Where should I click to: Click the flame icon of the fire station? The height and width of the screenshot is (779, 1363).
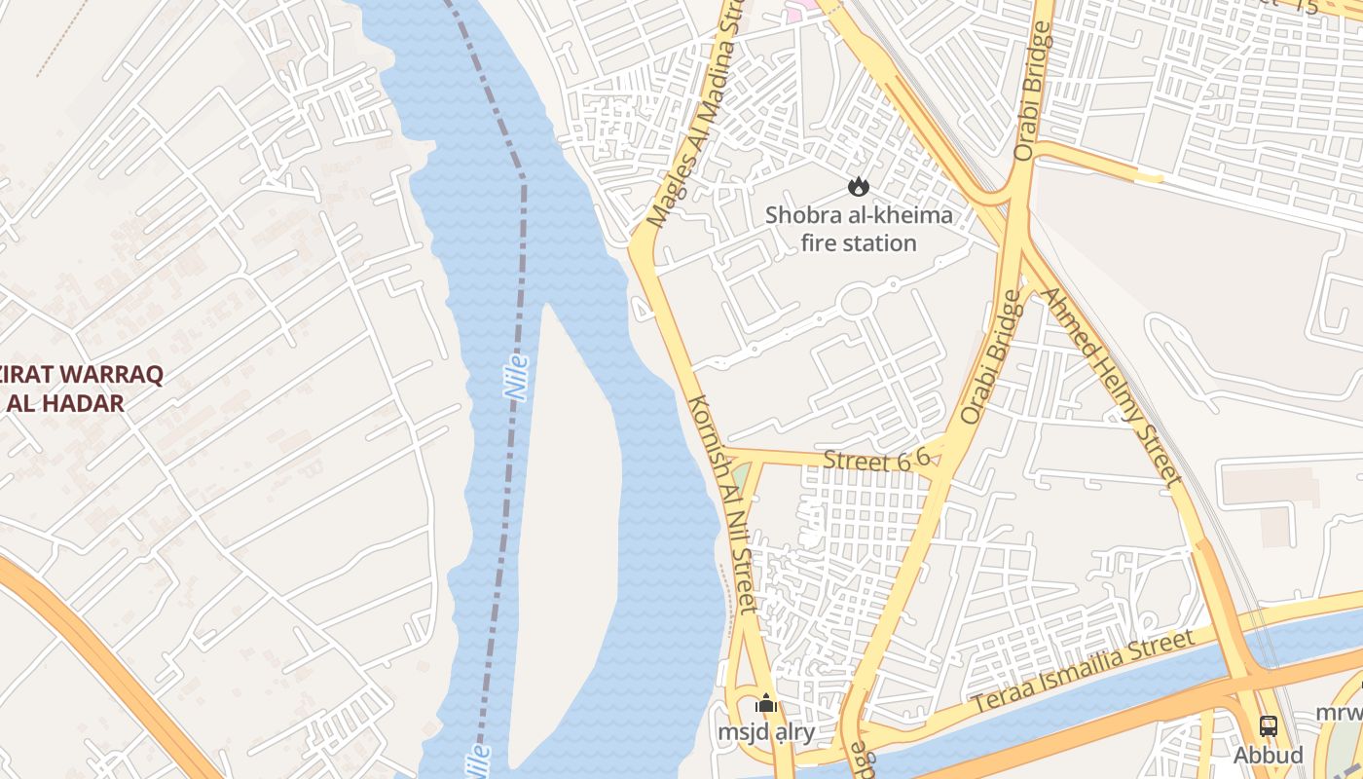tap(858, 185)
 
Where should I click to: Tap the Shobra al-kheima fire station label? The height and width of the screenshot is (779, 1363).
tap(859, 229)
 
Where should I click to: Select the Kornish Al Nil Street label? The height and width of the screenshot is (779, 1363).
tap(721, 503)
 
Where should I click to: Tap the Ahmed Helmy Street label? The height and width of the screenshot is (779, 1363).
tap(1111, 385)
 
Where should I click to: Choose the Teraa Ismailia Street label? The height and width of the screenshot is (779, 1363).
tap(1083, 672)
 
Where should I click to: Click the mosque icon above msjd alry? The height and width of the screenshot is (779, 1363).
tap(766, 703)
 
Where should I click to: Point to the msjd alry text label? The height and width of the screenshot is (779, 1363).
tap(766, 731)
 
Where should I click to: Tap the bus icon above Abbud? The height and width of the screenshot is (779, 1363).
tap(1268, 725)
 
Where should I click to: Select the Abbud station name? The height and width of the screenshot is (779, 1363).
tap(1268, 755)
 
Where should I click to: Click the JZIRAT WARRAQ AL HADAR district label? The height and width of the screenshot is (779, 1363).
tap(83, 389)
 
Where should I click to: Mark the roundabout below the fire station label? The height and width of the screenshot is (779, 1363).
tap(855, 301)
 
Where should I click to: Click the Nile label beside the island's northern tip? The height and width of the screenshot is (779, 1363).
tap(516, 377)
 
